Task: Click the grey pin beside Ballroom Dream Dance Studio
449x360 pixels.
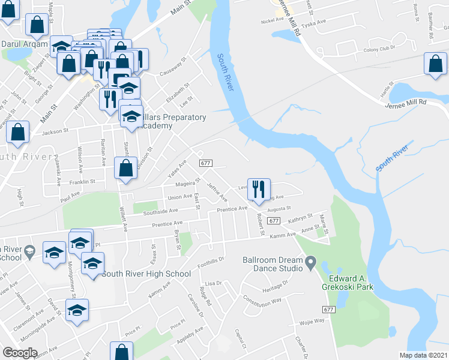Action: tap(310, 262)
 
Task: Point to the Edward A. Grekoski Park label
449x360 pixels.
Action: tap(351, 282)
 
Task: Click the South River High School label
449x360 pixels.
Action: tap(146, 274)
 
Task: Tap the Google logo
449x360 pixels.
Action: tap(20, 353)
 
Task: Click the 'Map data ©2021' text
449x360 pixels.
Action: tap(423, 355)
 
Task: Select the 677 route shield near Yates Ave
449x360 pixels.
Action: tap(206, 163)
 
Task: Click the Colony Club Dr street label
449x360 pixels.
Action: tap(379, 49)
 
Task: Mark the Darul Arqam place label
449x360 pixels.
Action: tap(23, 44)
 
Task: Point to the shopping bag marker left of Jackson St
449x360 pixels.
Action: tap(18, 131)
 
